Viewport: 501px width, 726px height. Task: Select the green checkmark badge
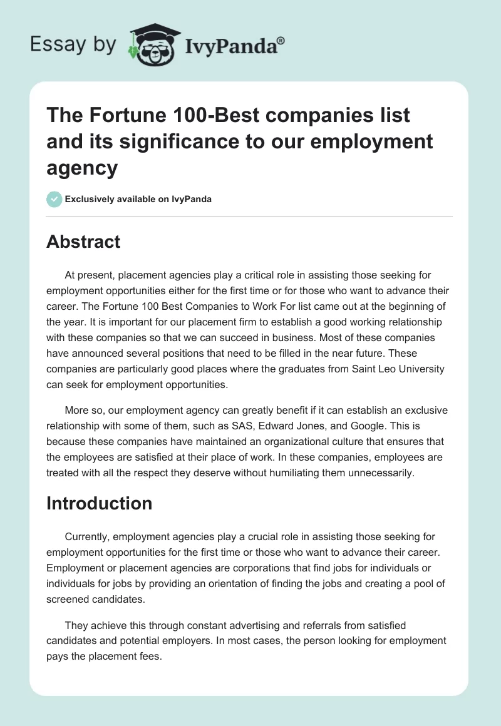[x=54, y=199]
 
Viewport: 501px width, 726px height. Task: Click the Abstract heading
[x=83, y=242]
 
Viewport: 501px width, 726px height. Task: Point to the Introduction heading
[x=99, y=503]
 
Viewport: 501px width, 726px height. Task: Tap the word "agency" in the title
[x=82, y=167]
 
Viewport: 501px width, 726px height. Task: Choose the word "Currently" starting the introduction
[x=87, y=536]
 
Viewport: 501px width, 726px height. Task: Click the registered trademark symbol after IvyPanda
[x=281, y=39]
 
